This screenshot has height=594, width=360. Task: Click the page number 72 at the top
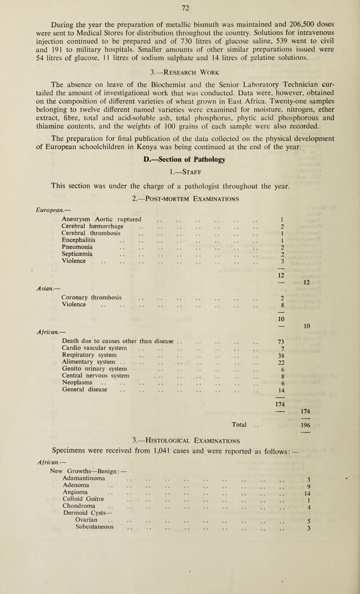tap(179, 6)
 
